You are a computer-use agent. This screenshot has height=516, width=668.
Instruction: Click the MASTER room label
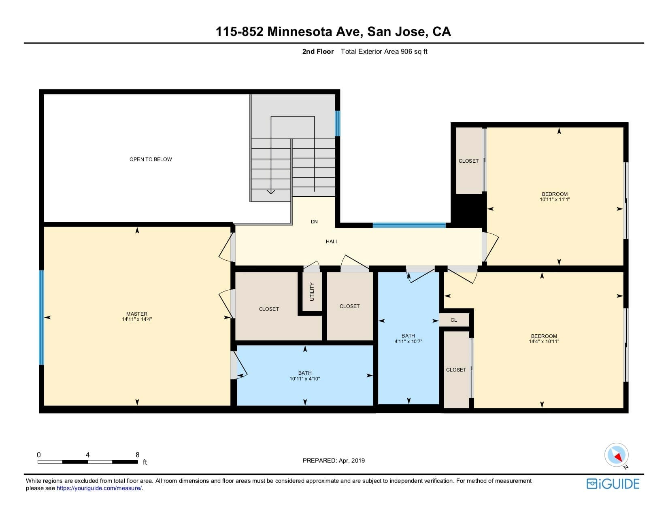click(x=137, y=314)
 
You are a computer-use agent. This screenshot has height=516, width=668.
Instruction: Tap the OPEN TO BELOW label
click(x=151, y=159)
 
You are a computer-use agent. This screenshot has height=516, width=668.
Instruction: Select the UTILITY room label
click(x=312, y=291)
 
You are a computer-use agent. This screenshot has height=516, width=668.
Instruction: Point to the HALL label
click(x=332, y=242)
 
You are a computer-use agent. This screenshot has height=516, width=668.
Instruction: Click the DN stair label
click(x=314, y=222)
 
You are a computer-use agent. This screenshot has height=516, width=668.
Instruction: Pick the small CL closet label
click(x=454, y=320)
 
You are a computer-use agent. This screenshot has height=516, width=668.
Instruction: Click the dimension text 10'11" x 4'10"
click(x=304, y=379)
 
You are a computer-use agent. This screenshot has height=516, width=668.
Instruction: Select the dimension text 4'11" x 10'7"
click(x=408, y=341)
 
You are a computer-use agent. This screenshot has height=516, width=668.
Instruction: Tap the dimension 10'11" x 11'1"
click(x=555, y=199)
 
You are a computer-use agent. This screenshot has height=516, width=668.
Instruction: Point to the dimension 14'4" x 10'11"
click(x=544, y=341)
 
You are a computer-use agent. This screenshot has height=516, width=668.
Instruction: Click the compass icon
click(x=616, y=455)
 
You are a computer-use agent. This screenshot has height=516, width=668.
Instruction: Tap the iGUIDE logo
click(x=613, y=484)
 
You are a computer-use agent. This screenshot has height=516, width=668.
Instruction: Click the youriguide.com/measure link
click(x=99, y=488)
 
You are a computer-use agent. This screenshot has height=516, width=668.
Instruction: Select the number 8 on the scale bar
click(x=137, y=455)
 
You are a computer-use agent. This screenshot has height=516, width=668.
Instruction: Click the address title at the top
click(x=333, y=32)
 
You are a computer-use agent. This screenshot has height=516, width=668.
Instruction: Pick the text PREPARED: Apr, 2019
click(x=334, y=461)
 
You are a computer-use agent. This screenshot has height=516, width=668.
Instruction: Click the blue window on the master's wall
click(x=42, y=317)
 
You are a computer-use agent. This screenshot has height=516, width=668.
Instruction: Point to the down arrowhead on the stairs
click(x=271, y=192)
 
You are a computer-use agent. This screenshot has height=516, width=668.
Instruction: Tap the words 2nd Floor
click(x=318, y=52)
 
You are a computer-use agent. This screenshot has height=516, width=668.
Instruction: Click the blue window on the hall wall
click(x=409, y=225)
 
